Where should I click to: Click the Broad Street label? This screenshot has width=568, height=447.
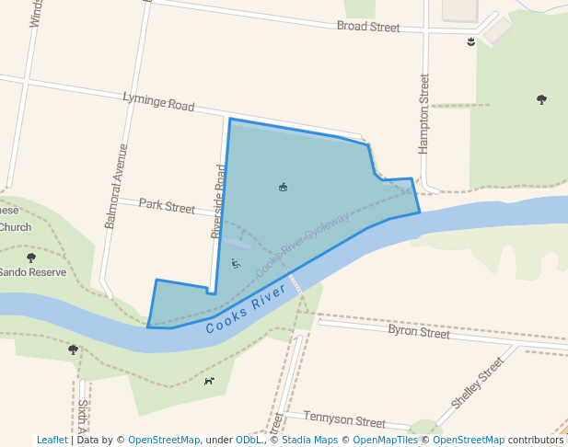click(x=368, y=27)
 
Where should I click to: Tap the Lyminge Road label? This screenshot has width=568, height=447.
click(x=158, y=102)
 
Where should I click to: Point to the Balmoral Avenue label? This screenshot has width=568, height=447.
click(x=116, y=186)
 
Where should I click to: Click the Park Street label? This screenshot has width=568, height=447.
click(x=167, y=206)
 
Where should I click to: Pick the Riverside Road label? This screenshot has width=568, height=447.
click(x=219, y=201)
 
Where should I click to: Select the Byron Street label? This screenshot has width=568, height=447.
click(x=419, y=331)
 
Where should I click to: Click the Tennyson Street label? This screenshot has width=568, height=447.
click(x=343, y=420)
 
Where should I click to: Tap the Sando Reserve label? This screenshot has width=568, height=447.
click(x=33, y=272)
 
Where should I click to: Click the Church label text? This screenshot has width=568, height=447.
click(x=16, y=227)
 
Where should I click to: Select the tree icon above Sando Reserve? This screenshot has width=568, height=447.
click(x=31, y=258)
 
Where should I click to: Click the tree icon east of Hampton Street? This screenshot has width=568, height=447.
click(x=541, y=99)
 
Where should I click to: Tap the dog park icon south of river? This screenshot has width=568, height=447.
click(x=209, y=381)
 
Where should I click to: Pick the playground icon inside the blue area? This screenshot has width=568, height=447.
click(x=236, y=264)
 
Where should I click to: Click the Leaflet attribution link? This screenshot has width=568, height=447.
click(x=52, y=440)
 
